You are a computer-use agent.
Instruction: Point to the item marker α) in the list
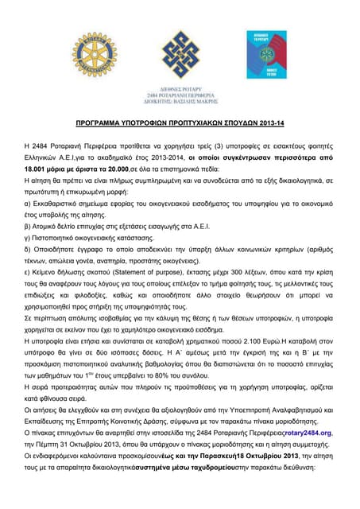[x=29, y=205]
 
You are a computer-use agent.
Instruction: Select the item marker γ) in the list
[x=29, y=240]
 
